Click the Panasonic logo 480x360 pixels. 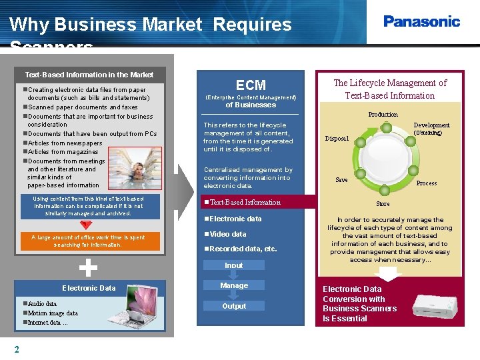421,21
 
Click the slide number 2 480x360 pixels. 17,349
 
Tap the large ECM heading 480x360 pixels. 251,85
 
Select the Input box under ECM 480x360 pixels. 234,265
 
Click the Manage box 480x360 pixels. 234,285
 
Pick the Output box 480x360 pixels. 234,306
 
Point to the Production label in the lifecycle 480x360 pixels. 383,115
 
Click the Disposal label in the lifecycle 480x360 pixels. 337,139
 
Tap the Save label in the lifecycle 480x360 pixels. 341,180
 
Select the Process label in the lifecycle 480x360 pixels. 426,183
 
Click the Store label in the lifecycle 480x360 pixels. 383,204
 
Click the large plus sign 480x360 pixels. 89,267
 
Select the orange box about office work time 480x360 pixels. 89,241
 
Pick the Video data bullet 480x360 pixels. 227,234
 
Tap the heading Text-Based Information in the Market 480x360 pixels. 89,75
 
